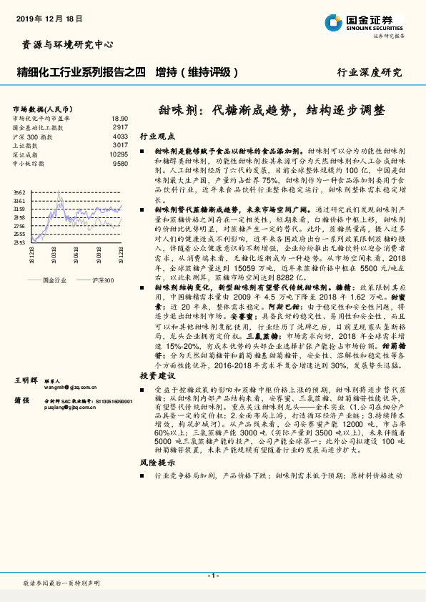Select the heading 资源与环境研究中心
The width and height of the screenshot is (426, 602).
pyautogui.click(x=64, y=44)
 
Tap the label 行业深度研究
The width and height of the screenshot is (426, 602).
pyautogui.click(x=370, y=72)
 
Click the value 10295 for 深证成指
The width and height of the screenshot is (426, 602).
pyautogui.click(x=118, y=154)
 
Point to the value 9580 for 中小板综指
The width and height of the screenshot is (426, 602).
pyautogui.click(x=119, y=163)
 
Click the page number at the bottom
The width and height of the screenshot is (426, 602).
pyautogui.click(x=212, y=576)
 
